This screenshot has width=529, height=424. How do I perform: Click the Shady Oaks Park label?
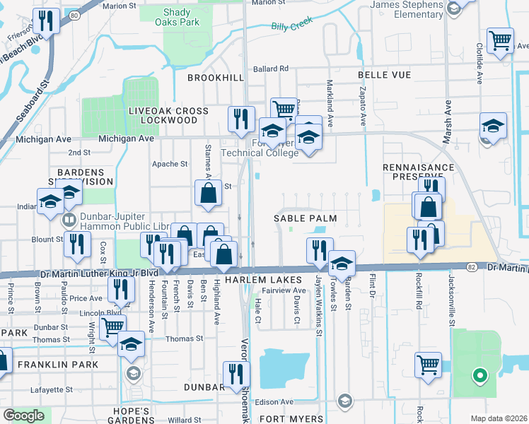coord(182,17)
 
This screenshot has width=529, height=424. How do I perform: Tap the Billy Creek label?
coord(291,27)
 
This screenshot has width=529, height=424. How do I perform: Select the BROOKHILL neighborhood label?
coord(215,77)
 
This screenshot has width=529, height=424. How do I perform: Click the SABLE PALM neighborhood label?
coord(305,219)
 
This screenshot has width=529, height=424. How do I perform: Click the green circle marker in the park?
coord(479,375)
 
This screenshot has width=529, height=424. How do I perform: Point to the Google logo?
coord(23,415)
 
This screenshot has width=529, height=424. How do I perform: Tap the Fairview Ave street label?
coord(284,290)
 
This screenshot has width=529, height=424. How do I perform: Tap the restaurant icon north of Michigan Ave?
coord(241,118)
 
